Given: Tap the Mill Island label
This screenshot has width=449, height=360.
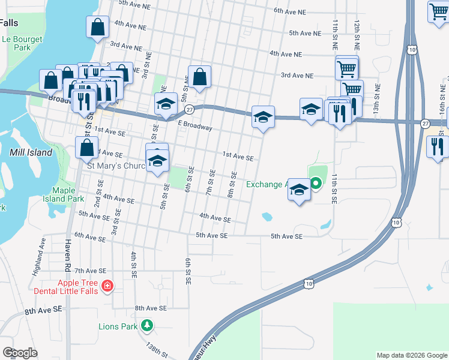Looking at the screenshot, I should point(31,152).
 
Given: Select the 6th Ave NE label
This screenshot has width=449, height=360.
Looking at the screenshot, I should point(295,11).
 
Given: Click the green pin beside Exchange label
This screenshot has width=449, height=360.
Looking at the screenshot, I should point(316,184).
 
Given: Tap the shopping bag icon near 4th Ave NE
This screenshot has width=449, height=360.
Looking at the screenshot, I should point(97,27).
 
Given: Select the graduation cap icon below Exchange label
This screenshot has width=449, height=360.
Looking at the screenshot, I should point(298,191).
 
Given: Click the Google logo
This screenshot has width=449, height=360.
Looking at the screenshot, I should point(20,353).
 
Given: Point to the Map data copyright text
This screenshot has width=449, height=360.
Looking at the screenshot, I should point(411,355).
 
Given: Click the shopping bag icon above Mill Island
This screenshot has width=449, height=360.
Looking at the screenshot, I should point(86,147).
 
